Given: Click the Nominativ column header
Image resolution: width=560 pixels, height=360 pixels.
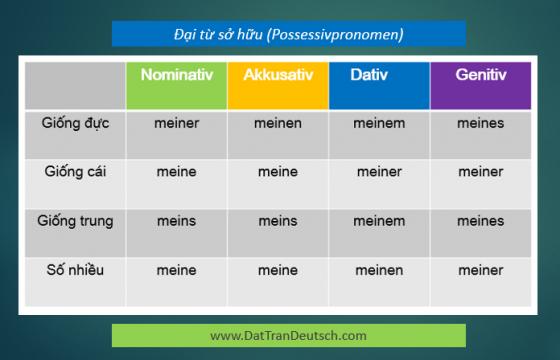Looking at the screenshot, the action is pos(177,75).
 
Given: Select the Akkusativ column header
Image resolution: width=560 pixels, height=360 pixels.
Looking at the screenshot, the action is pos(278,75).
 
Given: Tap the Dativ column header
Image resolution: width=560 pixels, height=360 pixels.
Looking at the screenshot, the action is pos(369,75).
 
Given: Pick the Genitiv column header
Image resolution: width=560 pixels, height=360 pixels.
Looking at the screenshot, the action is pos(481,75).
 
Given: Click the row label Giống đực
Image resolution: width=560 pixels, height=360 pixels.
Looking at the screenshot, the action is pos(75,124).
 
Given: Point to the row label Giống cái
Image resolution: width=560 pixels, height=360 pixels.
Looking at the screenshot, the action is pos(75,172).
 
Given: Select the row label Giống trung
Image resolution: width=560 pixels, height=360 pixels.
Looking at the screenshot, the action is pos(75,221).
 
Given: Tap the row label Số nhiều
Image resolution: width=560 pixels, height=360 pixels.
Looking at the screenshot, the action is pos(75,270).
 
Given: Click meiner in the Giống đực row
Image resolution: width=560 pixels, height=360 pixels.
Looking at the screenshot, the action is pos(177,123).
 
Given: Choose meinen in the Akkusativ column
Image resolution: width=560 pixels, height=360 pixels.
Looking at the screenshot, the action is pos(278,123).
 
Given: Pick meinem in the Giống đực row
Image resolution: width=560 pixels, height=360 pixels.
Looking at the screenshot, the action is pos(379,123).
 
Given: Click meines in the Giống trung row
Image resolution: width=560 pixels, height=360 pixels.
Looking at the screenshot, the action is pos(481,221).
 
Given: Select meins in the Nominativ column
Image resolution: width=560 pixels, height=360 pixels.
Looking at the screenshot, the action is pos(176,221).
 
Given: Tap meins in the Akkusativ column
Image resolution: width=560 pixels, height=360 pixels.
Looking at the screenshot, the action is pos(278,221).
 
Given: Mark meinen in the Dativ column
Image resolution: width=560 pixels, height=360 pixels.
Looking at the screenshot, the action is pos(379,270).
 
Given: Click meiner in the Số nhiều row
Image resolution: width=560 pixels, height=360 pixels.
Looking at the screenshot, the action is pos(481,270).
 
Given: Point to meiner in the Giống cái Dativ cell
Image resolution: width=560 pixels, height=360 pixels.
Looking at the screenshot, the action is pos(379,172).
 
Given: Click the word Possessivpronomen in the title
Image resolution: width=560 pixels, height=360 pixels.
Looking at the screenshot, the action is pos(335,35).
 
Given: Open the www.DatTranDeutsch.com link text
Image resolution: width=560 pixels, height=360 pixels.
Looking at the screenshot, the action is pos(288,336).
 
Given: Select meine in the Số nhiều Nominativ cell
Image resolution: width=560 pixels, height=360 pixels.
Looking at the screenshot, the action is pos(176,270).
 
